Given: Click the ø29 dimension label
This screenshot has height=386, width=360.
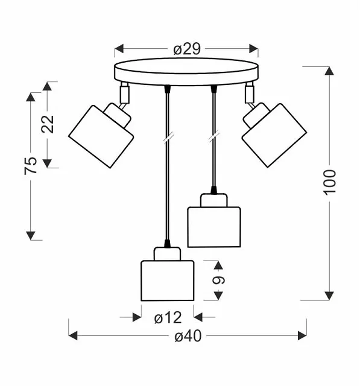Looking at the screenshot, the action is coord(187,49).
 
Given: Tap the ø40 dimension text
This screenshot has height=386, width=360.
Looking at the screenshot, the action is coord(188,336).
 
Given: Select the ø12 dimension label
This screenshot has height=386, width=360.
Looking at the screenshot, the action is coord(168,318).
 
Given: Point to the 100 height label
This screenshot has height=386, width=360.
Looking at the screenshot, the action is coord(329,183).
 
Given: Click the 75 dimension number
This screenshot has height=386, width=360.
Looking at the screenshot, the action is coord(31,165).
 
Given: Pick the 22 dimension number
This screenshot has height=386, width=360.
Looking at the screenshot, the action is coord(47,124).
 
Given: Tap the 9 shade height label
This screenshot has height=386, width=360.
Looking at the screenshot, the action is coord(218,280).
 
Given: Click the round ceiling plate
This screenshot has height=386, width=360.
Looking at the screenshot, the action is coord(186,72).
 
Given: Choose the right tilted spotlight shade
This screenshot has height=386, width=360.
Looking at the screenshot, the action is coord(274,135).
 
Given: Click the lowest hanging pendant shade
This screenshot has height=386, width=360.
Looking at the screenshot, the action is coord(167,280).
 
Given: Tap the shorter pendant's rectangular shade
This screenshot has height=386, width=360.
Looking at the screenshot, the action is coord(214,227).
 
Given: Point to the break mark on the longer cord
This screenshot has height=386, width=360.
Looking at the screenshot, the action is coord(169,138).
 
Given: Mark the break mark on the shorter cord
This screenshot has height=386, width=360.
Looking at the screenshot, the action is coord(213,137).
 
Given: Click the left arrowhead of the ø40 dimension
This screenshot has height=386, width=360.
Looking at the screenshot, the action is coord(73,335).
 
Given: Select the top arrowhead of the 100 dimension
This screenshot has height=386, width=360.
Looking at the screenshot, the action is coord(329,71).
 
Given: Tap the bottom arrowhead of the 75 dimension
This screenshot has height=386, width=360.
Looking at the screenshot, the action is coord(31,236).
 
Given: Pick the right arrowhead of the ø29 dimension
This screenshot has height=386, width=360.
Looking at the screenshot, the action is coord(254,49).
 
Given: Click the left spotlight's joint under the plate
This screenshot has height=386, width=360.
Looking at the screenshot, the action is coord(124,93).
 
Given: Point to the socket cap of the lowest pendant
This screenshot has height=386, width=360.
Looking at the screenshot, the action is coord(167,254).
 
